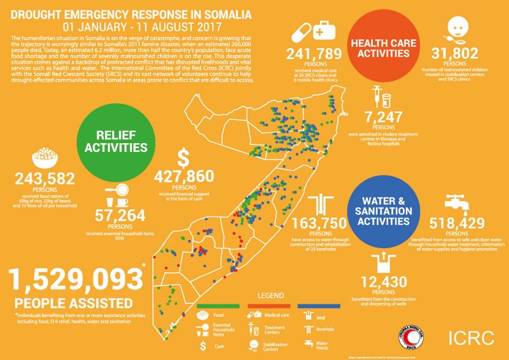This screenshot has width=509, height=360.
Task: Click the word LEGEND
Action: pos(271,296)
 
